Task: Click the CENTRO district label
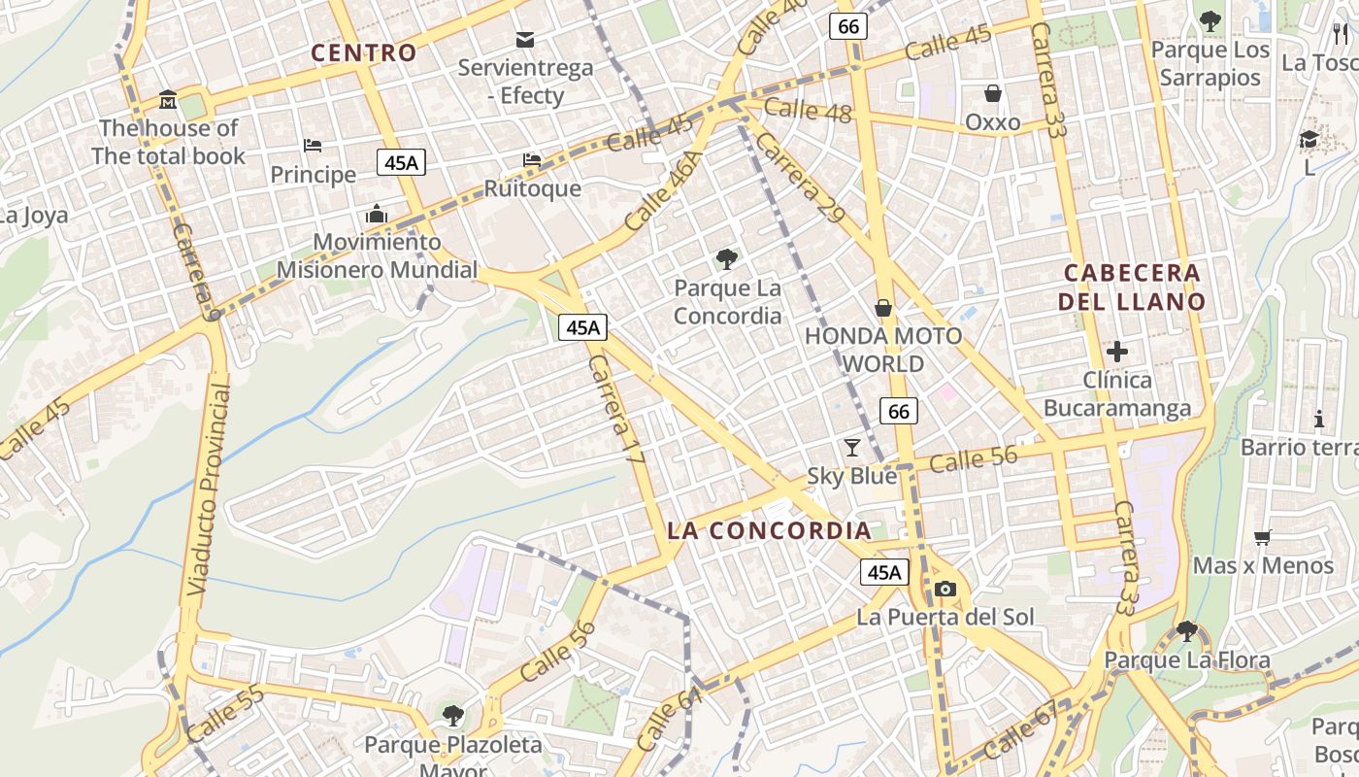pos(364,52)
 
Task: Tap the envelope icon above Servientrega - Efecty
pos(525,40)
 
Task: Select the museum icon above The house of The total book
pos(168,100)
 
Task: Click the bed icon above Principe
pos(313,146)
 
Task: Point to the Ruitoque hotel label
pos(532,188)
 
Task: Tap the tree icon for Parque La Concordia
pos(726,258)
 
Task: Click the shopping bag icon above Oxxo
pos(993,93)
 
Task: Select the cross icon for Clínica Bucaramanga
pos(1117,351)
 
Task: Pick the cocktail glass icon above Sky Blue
pos(852,447)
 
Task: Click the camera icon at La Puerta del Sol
pos(945,589)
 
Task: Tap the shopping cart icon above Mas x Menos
pos(1263,537)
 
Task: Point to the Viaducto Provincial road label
pos(210,490)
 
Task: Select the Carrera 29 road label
pos(800,177)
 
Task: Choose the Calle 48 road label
pos(808,111)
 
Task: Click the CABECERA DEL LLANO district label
pos(1132,287)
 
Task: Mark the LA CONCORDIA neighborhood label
pos(770,530)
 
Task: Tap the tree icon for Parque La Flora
pos(1186,631)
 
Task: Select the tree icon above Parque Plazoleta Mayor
pos(452,716)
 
